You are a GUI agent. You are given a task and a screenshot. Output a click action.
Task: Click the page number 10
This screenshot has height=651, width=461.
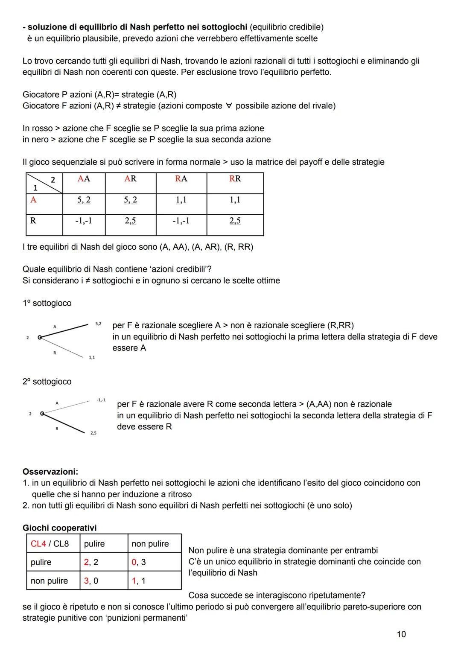[x=401, y=634]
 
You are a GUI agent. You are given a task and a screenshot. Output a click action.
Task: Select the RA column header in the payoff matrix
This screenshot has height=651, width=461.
[x=181, y=179]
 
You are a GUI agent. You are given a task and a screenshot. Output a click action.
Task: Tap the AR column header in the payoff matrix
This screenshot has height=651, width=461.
[x=130, y=179]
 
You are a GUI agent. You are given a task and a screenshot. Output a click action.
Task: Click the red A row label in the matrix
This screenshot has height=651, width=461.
[x=33, y=199]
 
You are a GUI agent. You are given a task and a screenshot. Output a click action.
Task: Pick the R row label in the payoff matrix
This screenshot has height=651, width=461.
[x=33, y=221]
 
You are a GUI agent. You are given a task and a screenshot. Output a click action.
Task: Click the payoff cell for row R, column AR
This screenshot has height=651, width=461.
[x=130, y=221]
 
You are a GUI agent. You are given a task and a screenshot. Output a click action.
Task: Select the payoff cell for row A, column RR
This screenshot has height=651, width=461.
[x=235, y=200]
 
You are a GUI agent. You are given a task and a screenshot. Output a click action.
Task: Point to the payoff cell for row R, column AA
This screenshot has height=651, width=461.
[x=84, y=221]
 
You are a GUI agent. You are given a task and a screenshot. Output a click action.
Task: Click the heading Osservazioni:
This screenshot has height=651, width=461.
[x=50, y=472]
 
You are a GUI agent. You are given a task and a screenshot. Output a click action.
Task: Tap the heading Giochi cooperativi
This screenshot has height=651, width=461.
[x=59, y=528]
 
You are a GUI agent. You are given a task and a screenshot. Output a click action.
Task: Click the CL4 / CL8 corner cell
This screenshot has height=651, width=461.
[x=50, y=543]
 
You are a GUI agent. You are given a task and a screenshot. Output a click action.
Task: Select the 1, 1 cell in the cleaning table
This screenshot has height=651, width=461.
[x=139, y=581]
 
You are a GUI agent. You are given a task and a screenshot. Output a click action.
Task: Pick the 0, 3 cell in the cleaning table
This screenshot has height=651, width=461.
[x=139, y=562]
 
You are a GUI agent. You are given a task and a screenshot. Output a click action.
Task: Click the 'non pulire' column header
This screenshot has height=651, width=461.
[x=150, y=543]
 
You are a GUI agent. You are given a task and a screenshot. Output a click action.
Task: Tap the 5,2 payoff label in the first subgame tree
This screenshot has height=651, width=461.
[x=98, y=324]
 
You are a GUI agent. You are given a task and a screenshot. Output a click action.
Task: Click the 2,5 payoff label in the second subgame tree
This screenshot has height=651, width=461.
[x=93, y=433]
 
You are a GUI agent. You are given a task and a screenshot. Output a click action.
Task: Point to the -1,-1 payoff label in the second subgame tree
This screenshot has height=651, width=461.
[x=101, y=400]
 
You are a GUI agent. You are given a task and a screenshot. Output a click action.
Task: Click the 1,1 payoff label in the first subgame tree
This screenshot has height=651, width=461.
[x=92, y=357]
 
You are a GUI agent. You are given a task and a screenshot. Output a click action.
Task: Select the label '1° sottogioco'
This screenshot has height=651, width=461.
[x=47, y=303]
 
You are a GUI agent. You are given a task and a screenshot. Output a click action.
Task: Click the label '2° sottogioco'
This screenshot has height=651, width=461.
[x=47, y=382]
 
